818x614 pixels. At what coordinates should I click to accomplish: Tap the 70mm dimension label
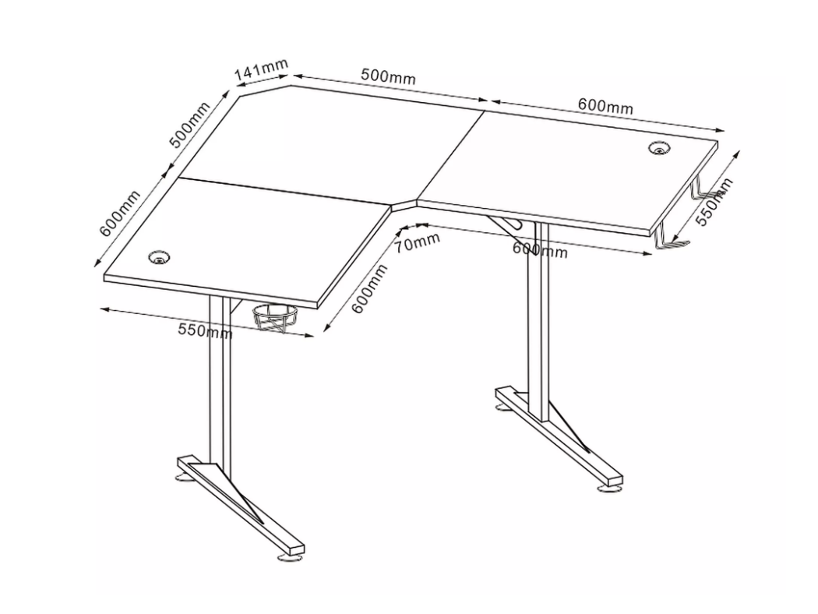(x=416, y=242)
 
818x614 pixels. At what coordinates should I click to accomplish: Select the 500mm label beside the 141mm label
(x=388, y=76)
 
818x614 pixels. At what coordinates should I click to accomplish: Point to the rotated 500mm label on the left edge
(x=189, y=125)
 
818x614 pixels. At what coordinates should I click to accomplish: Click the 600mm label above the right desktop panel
(x=605, y=106)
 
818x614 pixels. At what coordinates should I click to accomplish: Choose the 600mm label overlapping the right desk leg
(x=539, y=250)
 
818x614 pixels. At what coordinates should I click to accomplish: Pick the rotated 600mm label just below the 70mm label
(x=369, y=288)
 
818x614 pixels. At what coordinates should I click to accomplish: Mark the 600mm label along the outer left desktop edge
(x=120, y=213)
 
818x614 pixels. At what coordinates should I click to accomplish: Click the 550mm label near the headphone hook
(x=714, y=202)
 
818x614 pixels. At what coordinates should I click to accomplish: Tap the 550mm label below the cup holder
(x=205, y=330)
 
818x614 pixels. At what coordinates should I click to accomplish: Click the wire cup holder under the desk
(x=276, y=317)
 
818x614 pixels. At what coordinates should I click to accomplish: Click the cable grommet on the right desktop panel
(x=660, y=148)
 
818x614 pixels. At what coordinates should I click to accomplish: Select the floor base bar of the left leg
(x=241, y=505)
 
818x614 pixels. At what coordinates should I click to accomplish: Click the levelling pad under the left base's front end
(x=290, y=557)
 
